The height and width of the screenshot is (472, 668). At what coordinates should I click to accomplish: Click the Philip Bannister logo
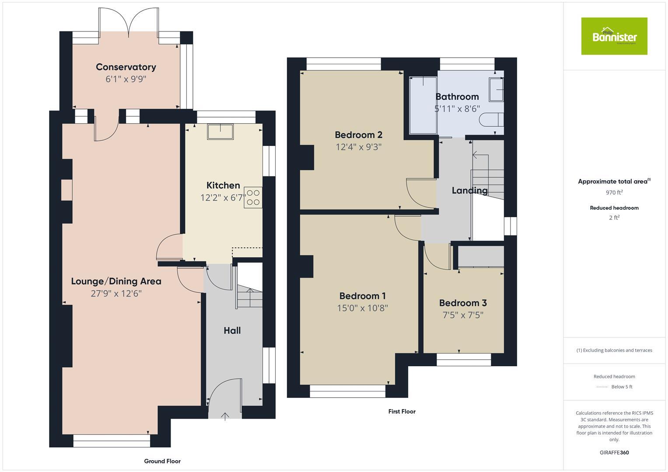pos(614,36)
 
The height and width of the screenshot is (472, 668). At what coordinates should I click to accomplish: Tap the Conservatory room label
pos(126,67)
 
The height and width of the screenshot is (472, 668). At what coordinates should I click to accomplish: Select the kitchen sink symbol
pos(220,132)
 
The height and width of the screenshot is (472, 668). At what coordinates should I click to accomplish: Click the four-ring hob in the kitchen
pos(254,197)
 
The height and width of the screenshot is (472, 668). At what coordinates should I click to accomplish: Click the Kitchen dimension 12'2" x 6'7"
pos(223,198)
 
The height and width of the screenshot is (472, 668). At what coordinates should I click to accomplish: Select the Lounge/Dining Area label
pos(116,281)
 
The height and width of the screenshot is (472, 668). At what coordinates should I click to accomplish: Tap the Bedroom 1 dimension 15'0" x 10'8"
pos(362,308)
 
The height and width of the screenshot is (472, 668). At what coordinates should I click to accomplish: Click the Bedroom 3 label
pos(463,303)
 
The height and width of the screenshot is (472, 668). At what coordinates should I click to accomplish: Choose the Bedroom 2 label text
pos(359,135)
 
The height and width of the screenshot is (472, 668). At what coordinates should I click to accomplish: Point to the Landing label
pos(469,191)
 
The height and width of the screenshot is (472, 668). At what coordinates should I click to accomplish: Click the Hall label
pos(232,330)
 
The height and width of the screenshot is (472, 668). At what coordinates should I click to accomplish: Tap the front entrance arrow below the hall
pos(225,416)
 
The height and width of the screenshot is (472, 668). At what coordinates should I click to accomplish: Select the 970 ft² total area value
pos(614,192)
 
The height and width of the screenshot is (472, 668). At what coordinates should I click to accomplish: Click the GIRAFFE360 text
pos(614,452)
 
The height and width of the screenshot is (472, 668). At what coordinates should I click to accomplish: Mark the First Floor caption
pos(402,411)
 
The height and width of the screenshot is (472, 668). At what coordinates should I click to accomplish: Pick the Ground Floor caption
pos(162,461)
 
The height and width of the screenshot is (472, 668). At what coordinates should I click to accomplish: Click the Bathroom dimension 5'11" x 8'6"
pos(457,109)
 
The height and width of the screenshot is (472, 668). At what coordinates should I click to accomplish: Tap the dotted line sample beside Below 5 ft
pos(602,387)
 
